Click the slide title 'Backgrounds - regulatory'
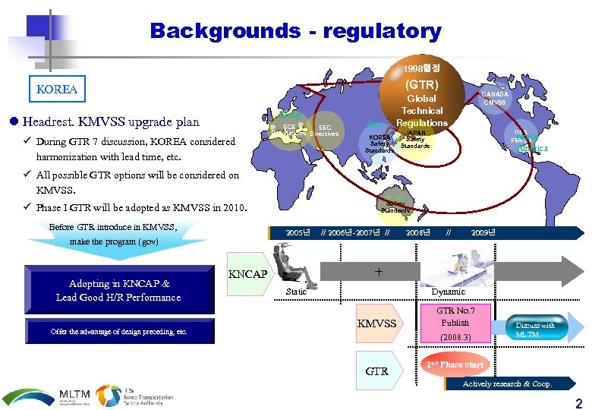click(295, 31)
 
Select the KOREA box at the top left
click(57, 89)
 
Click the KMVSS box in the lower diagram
click(376, 324)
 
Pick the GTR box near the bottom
click(376, 371)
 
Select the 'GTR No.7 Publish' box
click(455, 323)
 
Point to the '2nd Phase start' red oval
click(456, 364)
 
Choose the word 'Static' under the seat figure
click(296, 292)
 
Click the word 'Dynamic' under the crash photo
click(448, 292)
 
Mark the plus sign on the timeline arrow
click(378, 271)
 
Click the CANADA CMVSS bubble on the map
click(494, 99)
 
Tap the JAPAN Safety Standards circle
click(415, 138)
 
